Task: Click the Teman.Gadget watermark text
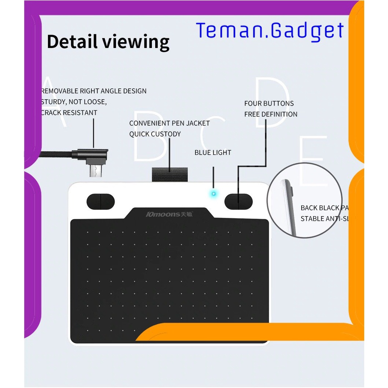click(x=270, y=30)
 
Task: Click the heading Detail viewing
click(x=108, y=42)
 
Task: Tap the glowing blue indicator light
click(x=214, y=194)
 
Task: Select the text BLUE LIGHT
click(x=213, y=153)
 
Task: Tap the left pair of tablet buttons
click(x=101, y=202)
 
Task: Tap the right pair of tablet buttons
click(x=239, y=202)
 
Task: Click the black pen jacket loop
click(x=169, y=174)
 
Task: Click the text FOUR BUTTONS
click(x=269, y=103)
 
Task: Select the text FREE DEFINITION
click(x=271, y=114)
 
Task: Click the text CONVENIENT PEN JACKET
click(x=169, y=123)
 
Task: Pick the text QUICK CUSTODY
click(x=155, y=134)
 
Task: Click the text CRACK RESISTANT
click(x=69, y=113)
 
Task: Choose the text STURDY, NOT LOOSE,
click(x=74, y=102)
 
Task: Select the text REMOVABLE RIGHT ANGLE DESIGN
click(x=94, y=91)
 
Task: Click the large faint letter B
click(x=149, y=138)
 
